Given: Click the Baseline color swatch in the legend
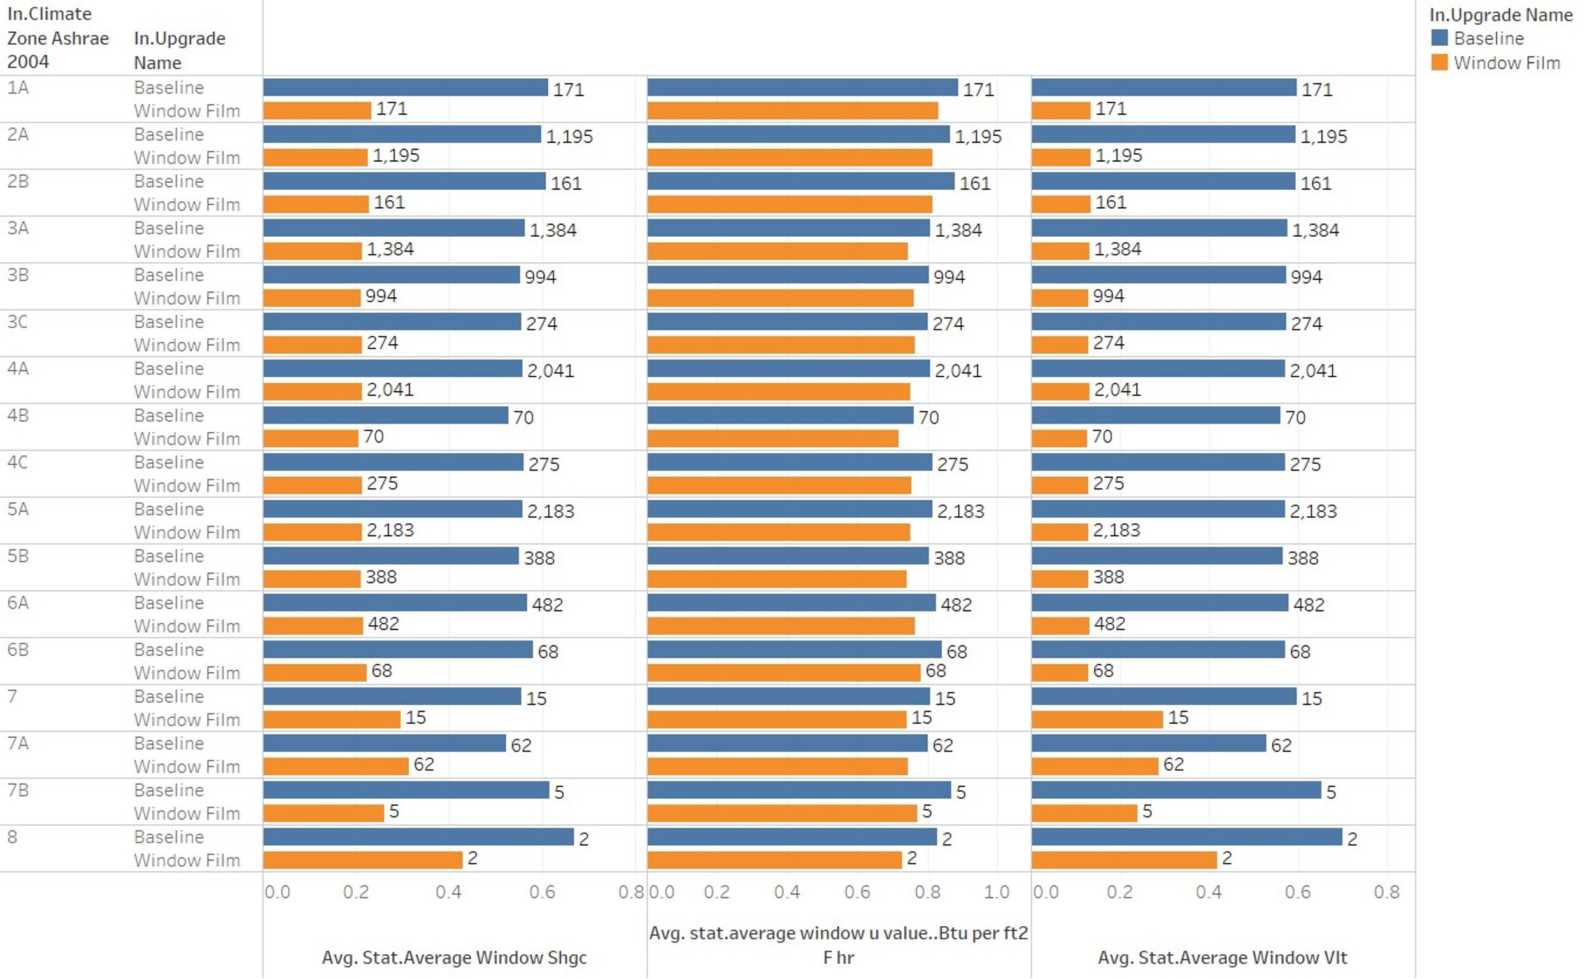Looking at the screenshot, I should click(1439, 38).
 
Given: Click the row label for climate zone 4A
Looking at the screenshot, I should click(18, 369).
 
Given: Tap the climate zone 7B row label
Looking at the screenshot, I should click(18, 790).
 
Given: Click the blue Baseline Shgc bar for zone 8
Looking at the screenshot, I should click(418, 836).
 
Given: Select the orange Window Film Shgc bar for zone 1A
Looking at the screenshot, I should click(316, 111).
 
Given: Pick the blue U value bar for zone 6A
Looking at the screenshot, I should click(791, 603).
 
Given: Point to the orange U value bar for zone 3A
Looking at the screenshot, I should click(778, 251).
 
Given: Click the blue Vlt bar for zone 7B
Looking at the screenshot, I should click(1176, 790).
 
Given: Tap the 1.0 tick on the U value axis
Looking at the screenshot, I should click(996, 892).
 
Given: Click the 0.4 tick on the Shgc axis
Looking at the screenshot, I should click(448, 892).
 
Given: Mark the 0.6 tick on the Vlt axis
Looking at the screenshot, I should click(1297, 892).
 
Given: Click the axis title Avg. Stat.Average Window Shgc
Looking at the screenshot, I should click(454, 957).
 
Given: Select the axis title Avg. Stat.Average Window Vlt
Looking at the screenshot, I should click(1222, 957).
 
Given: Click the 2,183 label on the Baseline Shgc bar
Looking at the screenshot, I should click(551, 512).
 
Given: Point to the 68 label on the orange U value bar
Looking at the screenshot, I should click(935, 671).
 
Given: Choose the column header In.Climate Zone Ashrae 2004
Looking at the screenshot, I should click(58, 38).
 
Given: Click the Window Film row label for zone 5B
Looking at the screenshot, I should click(187, 579).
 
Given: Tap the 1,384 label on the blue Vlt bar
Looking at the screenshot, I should click(1315, 230).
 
